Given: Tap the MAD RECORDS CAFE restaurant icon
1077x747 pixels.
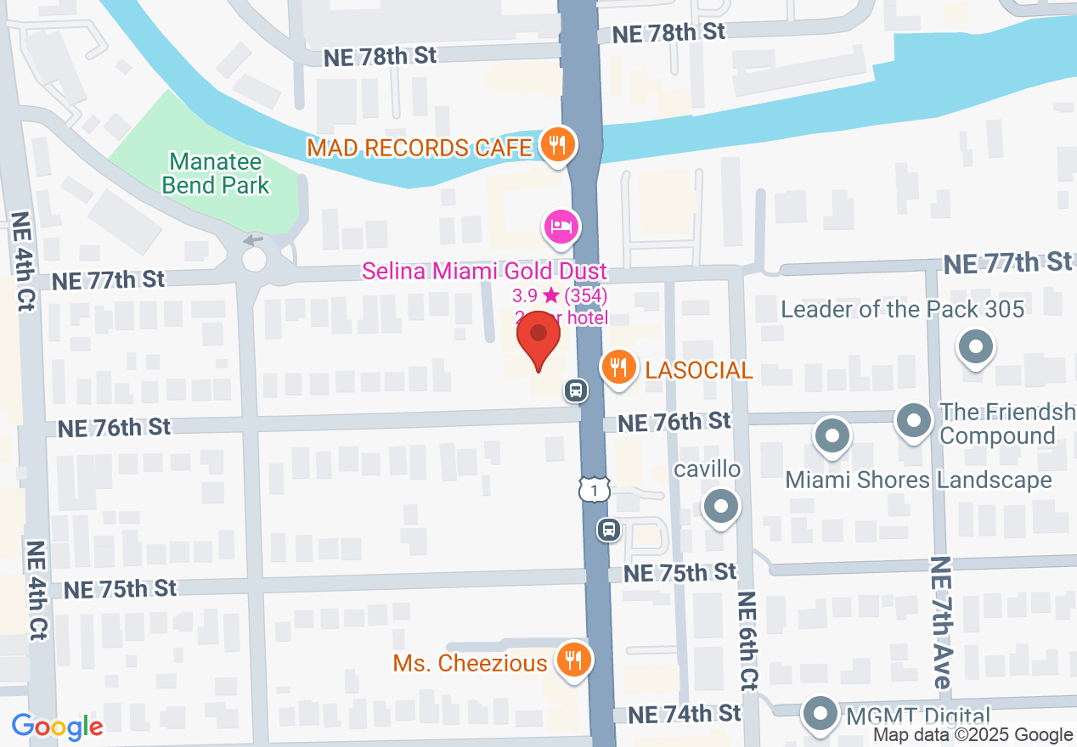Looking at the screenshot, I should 556,144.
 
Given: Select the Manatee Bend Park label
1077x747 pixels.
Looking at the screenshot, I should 219,172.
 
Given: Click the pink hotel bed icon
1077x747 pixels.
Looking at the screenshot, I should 561,227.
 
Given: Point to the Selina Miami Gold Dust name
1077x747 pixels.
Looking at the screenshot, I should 484,272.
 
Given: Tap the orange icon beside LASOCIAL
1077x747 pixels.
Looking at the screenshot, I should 620,368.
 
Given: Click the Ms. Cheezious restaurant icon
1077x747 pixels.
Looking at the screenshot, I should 573,659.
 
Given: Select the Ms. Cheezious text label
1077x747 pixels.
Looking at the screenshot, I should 470,663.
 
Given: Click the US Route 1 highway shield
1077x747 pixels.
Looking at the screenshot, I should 595,489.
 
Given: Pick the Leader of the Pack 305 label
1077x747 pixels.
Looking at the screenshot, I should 902,309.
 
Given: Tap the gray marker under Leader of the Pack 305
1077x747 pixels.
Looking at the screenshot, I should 975,347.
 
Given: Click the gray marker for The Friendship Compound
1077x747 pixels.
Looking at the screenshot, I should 914,419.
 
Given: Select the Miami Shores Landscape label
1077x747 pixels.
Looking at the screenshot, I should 918,480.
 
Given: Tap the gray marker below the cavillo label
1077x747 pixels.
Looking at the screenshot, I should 721,507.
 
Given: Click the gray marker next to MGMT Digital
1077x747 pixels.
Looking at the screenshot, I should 820,712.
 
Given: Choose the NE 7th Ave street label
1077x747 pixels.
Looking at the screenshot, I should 940,622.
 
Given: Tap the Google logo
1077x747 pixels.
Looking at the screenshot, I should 57,727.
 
